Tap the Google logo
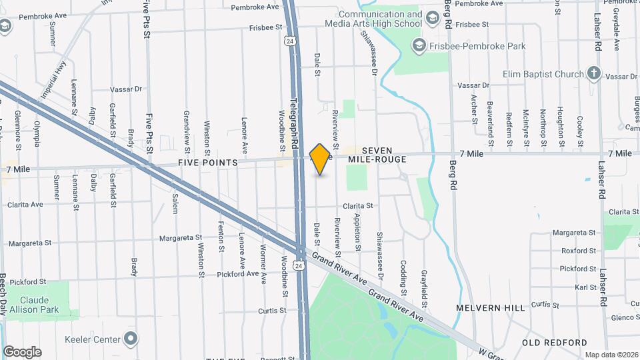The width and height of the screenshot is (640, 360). coord(22,351)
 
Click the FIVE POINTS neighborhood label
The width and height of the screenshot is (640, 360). coord(207,163)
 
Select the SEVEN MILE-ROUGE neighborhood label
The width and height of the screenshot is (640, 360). coord(377,155)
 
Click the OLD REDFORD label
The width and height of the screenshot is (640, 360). coord(555,343)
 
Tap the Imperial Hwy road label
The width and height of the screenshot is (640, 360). coord(53,81)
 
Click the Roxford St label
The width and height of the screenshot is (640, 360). coord(578,251)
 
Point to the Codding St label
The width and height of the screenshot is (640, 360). coord(403,276)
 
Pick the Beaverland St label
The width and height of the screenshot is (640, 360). coord(490,113)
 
